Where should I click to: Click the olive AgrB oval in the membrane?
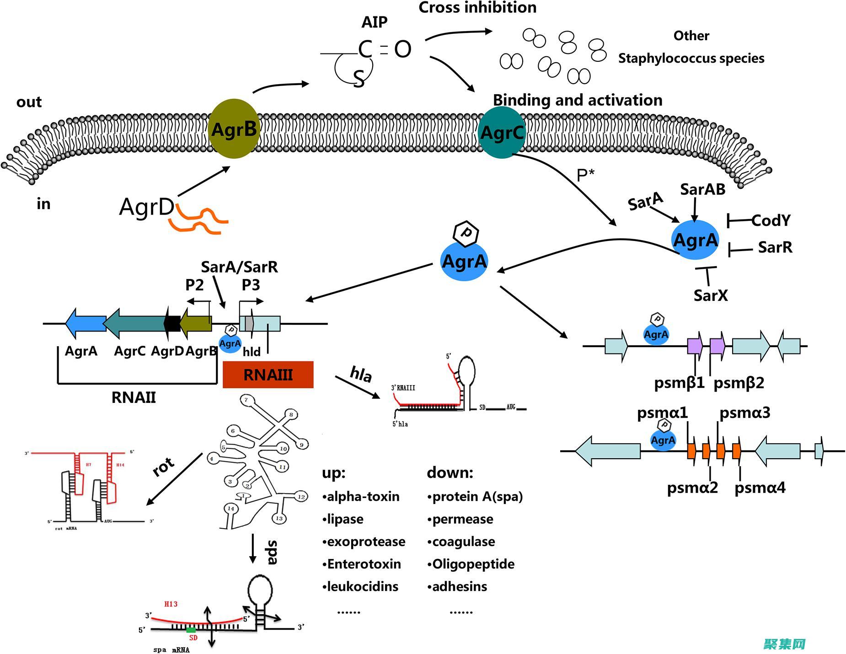click(x=234, y=129)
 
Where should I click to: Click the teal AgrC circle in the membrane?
click(x=502, y=133)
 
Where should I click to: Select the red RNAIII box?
click(x=268, y=375)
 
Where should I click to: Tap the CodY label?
click(x=771, y=220)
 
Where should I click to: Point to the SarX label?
click(x=710, y=295)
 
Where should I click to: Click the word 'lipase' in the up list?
click(x=345, y=519)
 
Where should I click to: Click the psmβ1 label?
click(x=679, y=383)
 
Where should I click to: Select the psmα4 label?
click(x=760, y=488)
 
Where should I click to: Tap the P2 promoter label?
click(x=194, y=285)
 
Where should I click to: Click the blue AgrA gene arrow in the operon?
click(x=86, y=323)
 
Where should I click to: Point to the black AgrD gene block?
click(x=172, y=323)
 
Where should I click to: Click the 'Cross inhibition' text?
click(x=477, y=8)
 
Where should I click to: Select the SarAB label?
click(x=702, y=189)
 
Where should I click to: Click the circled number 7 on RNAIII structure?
click(x=246, y=400)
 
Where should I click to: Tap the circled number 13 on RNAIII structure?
click(x=279, y=518)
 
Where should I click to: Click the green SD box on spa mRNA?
click(x=191, y=630)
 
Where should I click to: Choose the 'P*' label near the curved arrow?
click(x=585, y=175)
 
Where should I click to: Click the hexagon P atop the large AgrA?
click(x=466, y=233)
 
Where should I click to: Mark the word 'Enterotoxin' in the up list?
click(x=364, y=564)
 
